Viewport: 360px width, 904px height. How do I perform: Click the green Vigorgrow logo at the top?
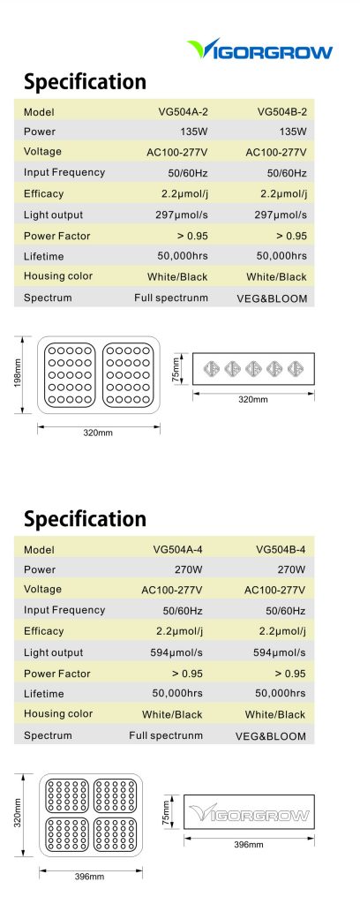point(259,49)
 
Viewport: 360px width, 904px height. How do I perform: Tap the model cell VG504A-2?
point(184,112)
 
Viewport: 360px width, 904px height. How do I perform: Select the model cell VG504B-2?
point(282,112)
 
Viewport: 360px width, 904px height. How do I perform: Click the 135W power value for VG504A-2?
point(194,132)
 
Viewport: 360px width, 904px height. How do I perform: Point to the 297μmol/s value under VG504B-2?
point(281,215)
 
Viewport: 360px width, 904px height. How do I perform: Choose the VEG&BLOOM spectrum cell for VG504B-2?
point(272,298)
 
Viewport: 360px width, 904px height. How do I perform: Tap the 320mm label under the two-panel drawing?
point(99,433)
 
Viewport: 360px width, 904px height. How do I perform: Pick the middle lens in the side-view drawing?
point(253,368)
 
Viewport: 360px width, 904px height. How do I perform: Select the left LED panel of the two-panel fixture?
point(71,374)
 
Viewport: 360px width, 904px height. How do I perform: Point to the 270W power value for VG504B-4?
point(291,569)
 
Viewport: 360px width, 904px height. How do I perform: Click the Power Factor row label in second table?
point(57,674)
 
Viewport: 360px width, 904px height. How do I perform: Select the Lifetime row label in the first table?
point(44,257)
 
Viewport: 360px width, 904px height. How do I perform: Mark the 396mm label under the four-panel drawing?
point(89,877)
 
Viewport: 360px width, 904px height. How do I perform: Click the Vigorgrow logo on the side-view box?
point(249,813)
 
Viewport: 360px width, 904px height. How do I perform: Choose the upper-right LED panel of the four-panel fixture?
point(116,795)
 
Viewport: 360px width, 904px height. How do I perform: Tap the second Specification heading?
point(85,519)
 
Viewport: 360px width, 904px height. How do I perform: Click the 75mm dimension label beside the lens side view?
point(176,368)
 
